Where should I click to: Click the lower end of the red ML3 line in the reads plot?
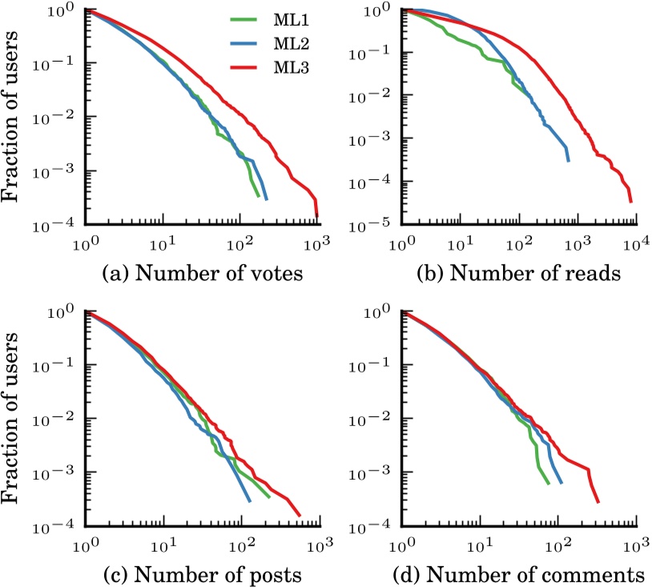[630, 202]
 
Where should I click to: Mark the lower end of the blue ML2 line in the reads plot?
[569, 161]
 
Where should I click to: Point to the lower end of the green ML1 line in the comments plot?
[548, 484]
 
